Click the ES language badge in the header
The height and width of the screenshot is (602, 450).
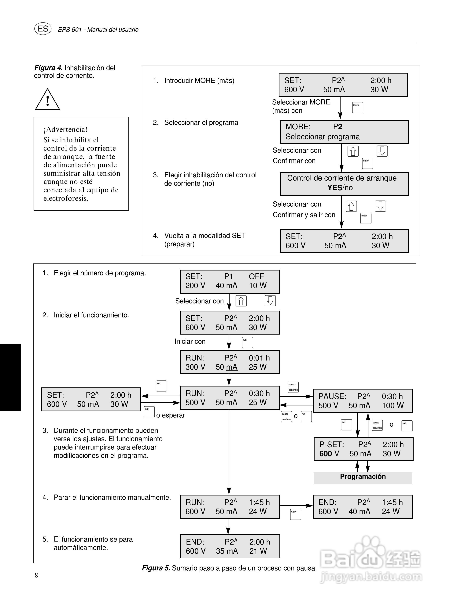coord(43,29)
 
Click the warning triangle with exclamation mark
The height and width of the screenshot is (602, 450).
coord(47,100)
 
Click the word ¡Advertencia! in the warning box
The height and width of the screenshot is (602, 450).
coord(66,129)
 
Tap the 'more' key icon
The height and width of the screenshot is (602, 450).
coord(357,107)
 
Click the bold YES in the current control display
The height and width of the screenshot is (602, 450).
coord(334,187)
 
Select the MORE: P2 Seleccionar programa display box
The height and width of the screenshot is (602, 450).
coord(344,132)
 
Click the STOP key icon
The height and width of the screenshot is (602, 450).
coord(296,514)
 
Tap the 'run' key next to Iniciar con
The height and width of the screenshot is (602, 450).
coord(247,342)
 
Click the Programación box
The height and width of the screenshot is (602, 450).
coord(363,478)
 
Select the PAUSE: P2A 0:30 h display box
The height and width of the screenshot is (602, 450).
coord(362,401)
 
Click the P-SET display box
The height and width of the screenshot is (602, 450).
coord(363,449)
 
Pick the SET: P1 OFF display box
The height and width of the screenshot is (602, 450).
coord(229,281)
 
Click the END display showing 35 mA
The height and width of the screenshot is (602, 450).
coord(230,546)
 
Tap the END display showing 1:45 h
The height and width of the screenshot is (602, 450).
coord(362,507)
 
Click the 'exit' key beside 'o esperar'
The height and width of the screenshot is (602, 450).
coord(149,412)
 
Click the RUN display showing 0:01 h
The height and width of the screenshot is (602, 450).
coord(229,362)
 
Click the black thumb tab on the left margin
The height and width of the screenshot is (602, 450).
coord(10,377)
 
